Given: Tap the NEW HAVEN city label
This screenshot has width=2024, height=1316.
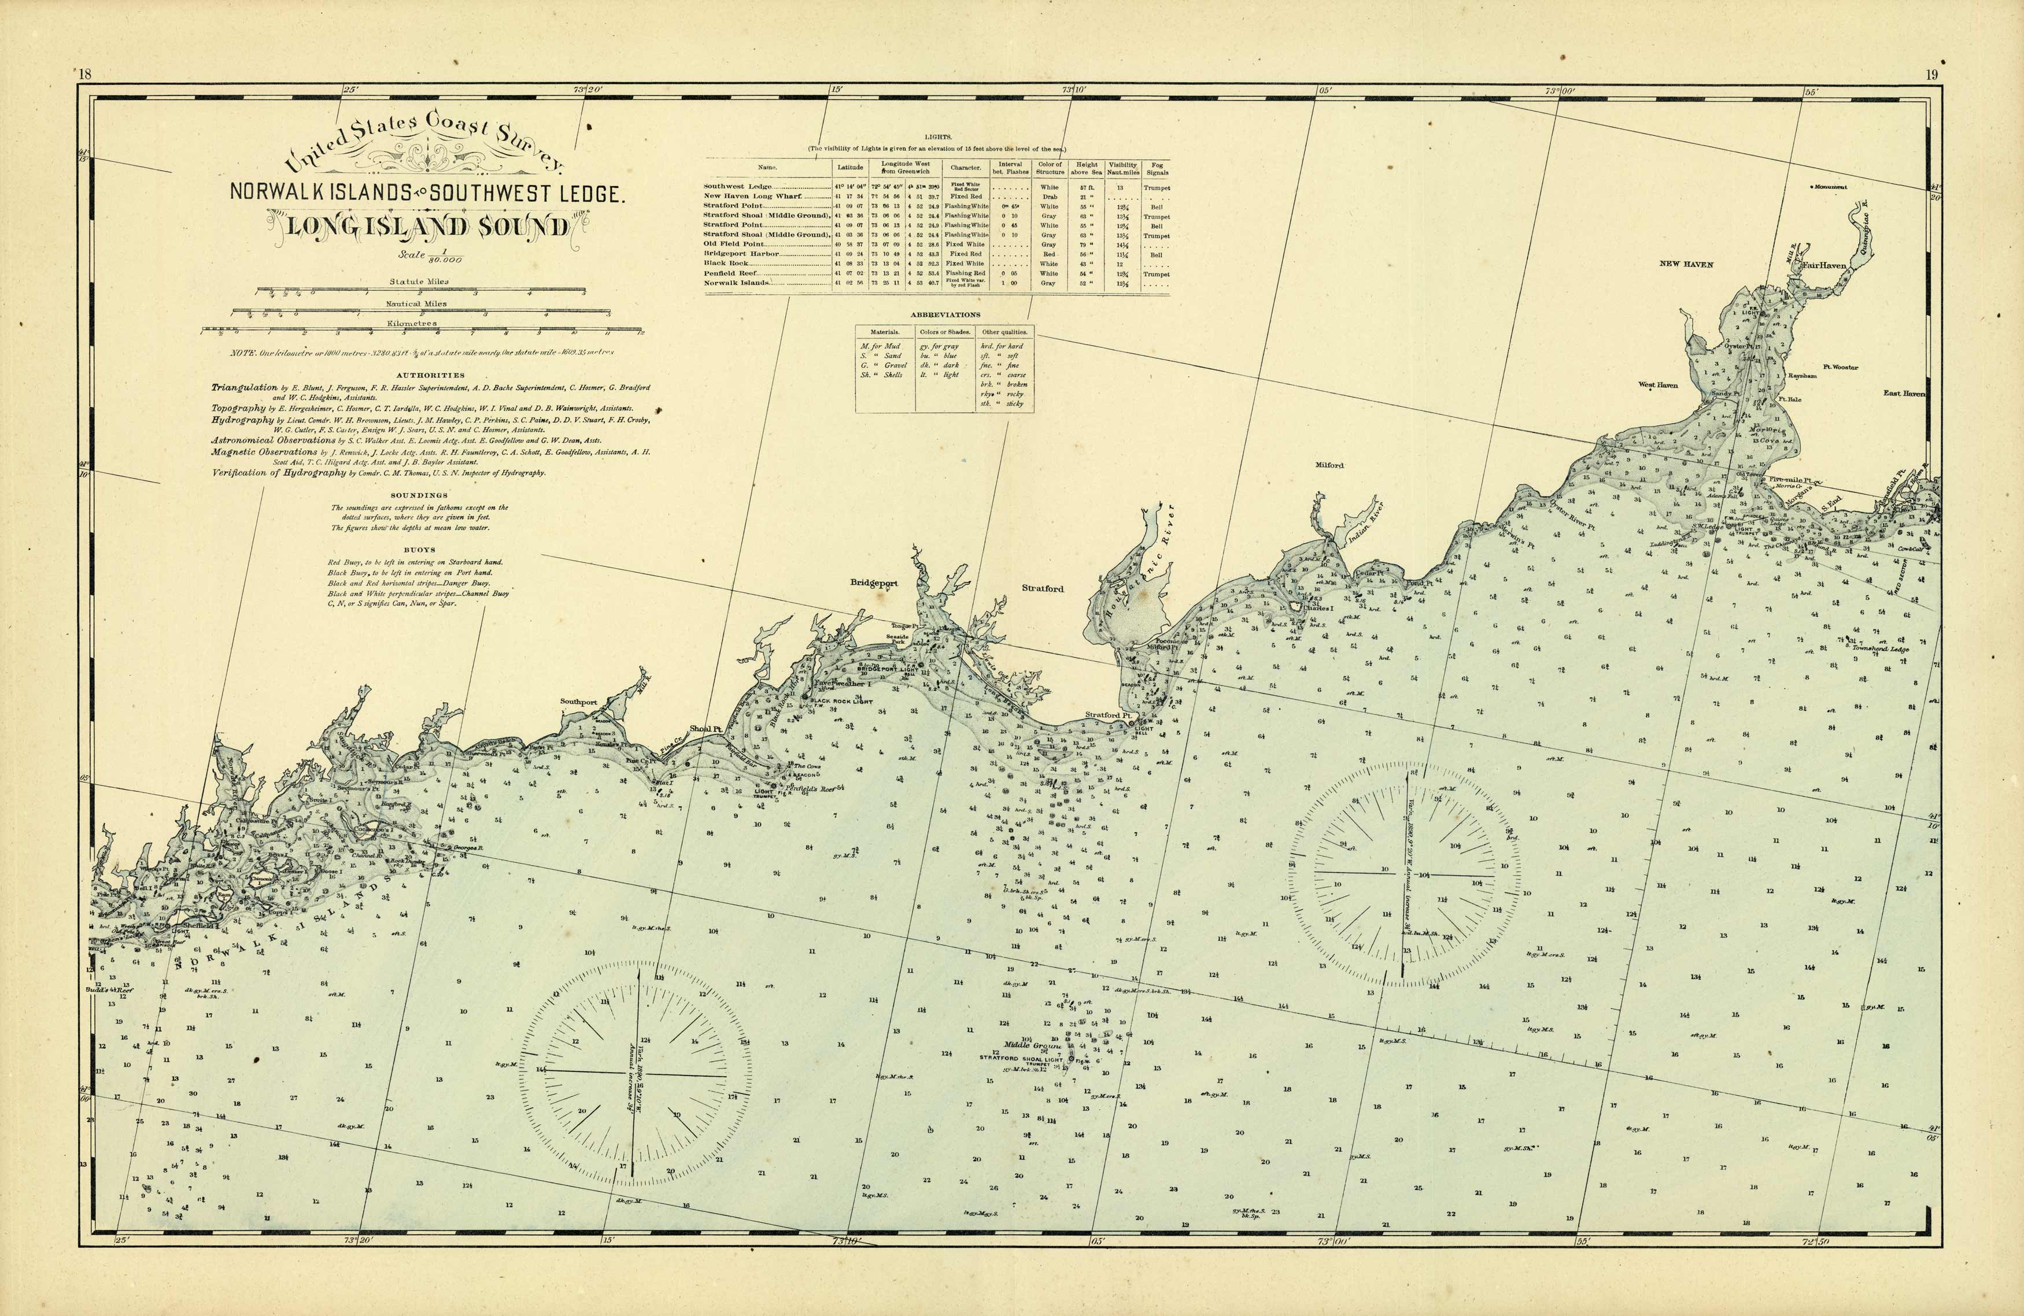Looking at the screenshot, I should [1686, 264].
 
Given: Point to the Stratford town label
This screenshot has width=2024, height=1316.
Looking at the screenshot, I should [1043, 588].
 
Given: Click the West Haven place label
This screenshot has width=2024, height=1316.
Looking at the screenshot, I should [1659, 385].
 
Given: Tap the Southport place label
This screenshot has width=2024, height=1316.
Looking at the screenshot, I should [578, 702].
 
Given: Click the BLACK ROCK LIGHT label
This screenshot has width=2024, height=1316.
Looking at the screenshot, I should [841, 702].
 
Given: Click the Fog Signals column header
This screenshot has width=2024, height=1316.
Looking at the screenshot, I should [1157, 168].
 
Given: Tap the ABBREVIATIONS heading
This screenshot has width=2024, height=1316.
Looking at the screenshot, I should [945, 314].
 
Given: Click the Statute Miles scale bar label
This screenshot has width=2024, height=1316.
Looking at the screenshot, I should [419, 281].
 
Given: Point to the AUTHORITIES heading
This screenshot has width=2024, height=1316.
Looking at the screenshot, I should [430, 375].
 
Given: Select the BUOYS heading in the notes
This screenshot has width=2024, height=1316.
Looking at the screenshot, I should [419, 550].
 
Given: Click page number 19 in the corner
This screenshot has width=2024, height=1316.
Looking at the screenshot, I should [1932, 75].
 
